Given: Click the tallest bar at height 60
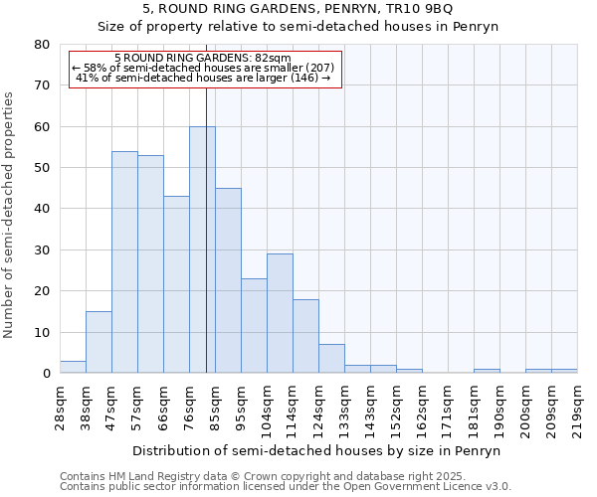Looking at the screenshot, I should click(202, 249).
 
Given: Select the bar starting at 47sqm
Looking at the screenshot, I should click(124, 262).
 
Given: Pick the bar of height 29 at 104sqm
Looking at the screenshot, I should click(280, 313).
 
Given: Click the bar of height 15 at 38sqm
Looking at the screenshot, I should click(99, 342).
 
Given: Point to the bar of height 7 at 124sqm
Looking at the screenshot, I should click(331, 359).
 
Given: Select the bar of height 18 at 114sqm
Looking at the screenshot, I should click(305, 336).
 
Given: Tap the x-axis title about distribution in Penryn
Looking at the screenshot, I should click(318, 450).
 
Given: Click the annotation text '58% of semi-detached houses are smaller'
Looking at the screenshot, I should click(204, 68).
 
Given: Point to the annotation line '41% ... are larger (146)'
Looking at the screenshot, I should click(204, 78).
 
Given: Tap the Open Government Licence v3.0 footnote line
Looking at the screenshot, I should click(286, 487).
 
